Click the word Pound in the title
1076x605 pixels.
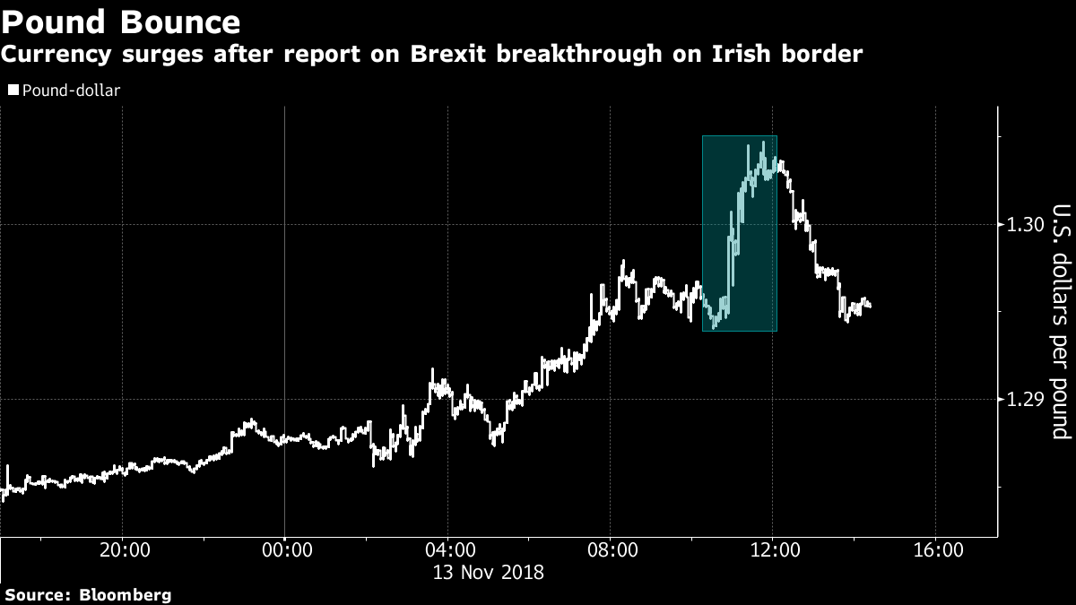[x=53, y=22]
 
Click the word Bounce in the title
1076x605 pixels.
[x=180, y=22]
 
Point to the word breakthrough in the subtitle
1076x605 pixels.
[x=579, y=54]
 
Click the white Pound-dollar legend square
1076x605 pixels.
[x=13, y=90]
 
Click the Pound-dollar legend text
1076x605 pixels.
[x=71, y=91]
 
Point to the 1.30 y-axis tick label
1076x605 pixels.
[x=1025, y=224]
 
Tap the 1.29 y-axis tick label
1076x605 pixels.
[x=1025, y=399]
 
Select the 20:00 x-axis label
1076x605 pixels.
[x=125, y=549]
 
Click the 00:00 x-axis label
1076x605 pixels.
[x=287, y=549]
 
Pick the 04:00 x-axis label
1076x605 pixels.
[x=450, y=549]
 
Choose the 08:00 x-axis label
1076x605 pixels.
[x=612, y=549]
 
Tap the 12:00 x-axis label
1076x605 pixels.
[x=775, y=549]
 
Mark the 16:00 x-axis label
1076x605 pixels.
[x=938, y=549]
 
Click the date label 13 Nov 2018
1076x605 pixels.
[x=489, y=573]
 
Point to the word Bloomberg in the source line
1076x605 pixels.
[x=125, y=595]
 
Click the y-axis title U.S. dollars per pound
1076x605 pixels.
[x=1061, y=322]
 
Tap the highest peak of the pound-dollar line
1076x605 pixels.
[x=763, y=142]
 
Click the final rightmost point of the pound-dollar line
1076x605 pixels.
[x=870, y=307]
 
